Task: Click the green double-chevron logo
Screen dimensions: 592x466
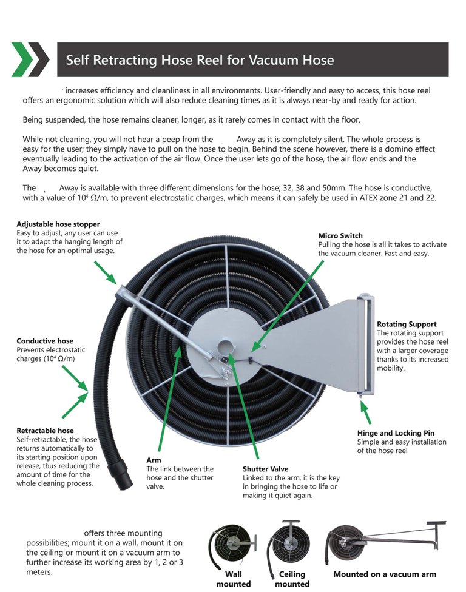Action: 30,59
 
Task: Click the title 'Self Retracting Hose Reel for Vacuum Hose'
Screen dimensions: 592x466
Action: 200,60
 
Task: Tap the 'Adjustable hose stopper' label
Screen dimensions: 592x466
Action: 58,224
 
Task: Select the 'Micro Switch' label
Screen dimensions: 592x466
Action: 340,235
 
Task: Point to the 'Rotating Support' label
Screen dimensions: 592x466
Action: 407,325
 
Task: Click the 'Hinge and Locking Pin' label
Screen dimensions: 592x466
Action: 396,433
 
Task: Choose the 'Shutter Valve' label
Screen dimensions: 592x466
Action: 265,469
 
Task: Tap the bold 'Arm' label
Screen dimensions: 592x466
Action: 154,460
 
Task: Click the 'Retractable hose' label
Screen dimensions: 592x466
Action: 46,431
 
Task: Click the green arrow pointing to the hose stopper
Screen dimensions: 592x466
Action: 104,271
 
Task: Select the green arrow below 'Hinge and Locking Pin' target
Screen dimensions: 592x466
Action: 365,412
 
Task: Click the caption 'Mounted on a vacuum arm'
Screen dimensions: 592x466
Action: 385,574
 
